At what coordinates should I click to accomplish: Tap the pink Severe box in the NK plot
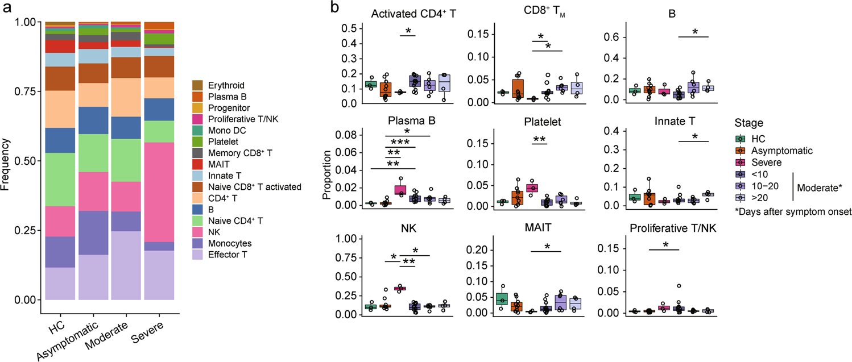click(x=400, y=288)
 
